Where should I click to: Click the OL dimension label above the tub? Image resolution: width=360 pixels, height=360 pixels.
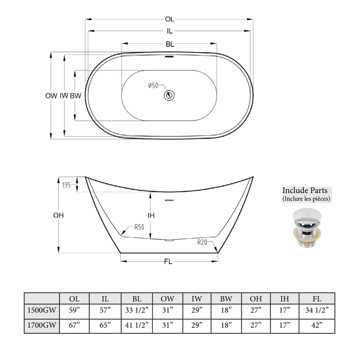(169, 20)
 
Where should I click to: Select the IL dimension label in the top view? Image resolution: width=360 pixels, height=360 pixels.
(170, 31)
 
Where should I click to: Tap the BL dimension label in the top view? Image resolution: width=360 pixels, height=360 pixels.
(170, 44)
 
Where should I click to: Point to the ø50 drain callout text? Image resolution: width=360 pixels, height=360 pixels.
(153, 86)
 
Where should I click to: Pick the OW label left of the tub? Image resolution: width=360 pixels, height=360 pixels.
(51, 96)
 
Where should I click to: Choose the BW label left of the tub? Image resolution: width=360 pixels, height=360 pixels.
(76, 96)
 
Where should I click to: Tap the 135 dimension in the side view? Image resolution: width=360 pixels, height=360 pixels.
(67, 185)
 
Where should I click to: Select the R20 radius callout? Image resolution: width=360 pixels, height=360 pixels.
(202, 242)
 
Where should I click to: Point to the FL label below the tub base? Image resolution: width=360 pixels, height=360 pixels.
(168, 262)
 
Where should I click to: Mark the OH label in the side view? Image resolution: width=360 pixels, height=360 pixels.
(58, 215)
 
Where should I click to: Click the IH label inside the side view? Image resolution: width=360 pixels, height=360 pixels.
(151, 216)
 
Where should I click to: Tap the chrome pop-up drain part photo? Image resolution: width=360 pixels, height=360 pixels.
(305, 228)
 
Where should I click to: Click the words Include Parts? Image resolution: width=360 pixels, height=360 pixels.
(305, 191)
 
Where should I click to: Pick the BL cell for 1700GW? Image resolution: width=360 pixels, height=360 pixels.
(137, 325)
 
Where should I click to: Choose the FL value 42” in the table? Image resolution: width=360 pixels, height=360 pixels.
(317, 325)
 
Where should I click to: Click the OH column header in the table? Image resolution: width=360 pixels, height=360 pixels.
(256, 299)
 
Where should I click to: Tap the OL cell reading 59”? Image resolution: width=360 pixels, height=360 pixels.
(74, 311)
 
